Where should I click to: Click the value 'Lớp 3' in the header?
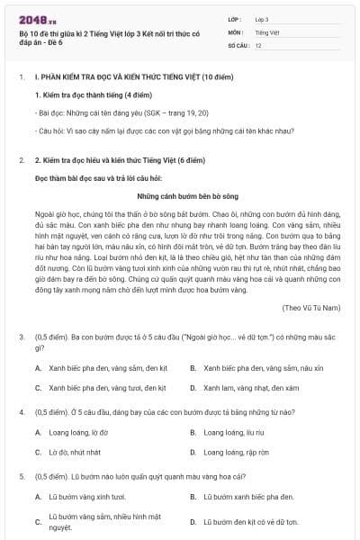tap(262, 18)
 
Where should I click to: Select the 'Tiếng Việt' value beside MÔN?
tap(265, 31)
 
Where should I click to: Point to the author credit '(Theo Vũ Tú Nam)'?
tap(310, 308)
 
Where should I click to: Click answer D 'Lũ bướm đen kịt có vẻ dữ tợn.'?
tap(249, 521)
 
